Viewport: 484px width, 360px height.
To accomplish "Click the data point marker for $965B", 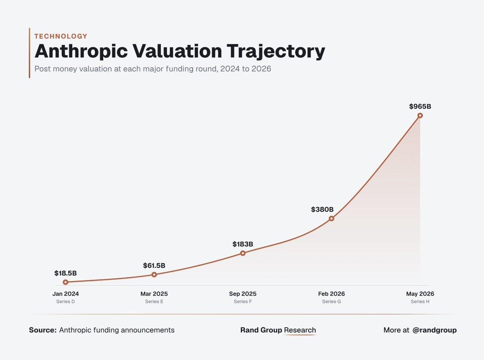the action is pyautogui.click(x=420, y=115).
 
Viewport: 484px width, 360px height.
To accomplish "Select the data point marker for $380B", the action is pyautogui.click(x=331, y=218).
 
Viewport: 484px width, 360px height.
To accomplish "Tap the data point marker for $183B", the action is pyautogui.click(x=243, y=253).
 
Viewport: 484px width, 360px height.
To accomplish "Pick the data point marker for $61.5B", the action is pyautogui.click(x=154, y=275).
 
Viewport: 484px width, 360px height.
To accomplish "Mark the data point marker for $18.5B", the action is pyautogui.click(x=65, y=282).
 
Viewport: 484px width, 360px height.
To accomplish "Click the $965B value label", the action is pyautogui.click(x=420, y=106).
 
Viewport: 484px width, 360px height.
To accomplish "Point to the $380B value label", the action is pyautogui.click(x=322, y=210).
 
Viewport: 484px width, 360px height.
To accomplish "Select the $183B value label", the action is pyautogui.click(x=243, y=244).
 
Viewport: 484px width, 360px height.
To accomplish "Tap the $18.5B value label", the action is pyautogui.click(x=65, y=273).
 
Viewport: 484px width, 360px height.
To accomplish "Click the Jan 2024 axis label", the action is pyautogui.click(x=65, y=293).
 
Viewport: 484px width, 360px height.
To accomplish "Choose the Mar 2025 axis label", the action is pyautogui.click(x=154, y=293).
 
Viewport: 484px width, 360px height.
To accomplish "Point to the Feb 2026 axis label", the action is pyautogui.click(x=331, y=293).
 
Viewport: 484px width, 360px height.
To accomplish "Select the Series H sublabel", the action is pyautogui.click(x=420, y=301).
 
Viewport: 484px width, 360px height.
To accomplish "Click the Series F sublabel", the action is pyautogui.click(x=243, y=301).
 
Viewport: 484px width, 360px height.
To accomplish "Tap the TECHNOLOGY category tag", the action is pyautogui.click(x=61, y=36).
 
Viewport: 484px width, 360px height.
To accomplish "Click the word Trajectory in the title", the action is pyautogui.click(x=276, y=52).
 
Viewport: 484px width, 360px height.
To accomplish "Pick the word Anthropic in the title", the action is pyautogui.click(x=81, y=52).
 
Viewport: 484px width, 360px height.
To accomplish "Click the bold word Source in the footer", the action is pyautogui.click(x=43, y=330).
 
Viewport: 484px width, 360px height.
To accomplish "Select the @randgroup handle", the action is pyautogui.click(x=434, y=330).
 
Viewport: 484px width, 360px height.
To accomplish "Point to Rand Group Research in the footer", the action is pyautogui.click(x=278, y=330).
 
